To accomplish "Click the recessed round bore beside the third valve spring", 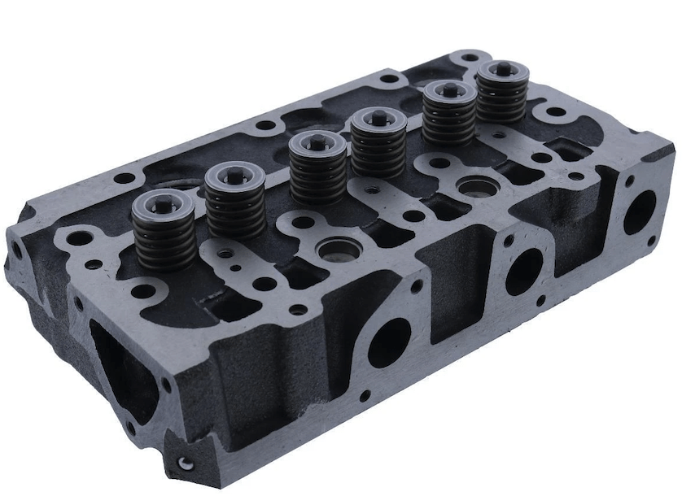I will pos(334,247).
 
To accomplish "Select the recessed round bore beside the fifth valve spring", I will pos(472,188).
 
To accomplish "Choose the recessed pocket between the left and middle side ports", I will pos(452,293).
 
